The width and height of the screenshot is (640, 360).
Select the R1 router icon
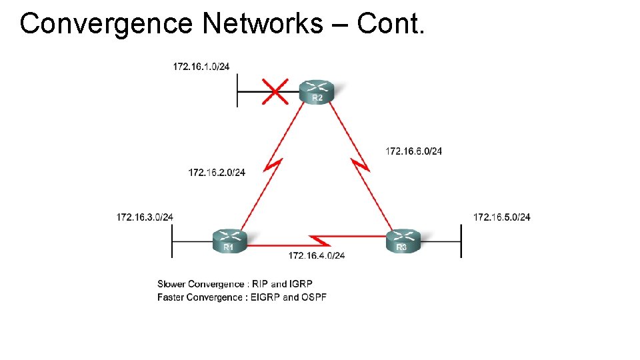[x=229, y=241]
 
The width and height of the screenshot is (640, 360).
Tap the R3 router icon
[x=403, y=241]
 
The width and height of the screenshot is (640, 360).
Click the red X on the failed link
[x=275, y=91]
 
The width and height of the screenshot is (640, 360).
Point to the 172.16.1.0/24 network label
[x=201, y=66]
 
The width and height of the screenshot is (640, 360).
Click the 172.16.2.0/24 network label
[x=217, y=173]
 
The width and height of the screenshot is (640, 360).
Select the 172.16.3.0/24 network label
[x=145, y=217]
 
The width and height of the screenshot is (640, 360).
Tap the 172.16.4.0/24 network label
[x=317, y=255]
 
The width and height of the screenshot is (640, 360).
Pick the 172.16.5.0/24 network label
[x=502, y=217]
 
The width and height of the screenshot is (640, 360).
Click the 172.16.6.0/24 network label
[x=413, y=151]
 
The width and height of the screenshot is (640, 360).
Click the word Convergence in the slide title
[x=107, y=24]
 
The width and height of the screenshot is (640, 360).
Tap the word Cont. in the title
[x=390, y=24]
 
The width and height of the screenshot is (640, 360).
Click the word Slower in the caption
[x=171, y=284]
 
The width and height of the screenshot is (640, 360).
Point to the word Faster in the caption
[x=171, y=297]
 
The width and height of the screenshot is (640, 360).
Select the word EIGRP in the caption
[x=265, y=297]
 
